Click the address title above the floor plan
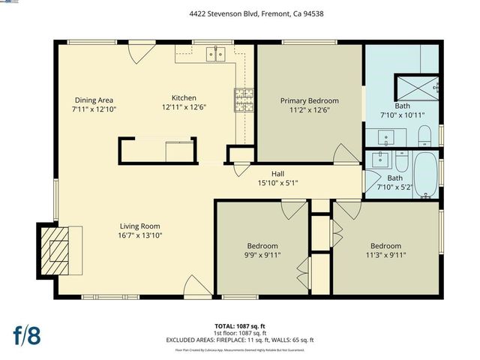[x=240, y=13]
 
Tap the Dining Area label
[x=94, y=100]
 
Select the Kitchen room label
[x=184, y=97]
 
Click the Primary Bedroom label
[x=309, y=100]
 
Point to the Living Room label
[x=140, y=226]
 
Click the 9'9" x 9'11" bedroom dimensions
[x=262, y=255]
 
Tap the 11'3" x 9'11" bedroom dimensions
[x=385, y=255]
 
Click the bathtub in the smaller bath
[x=426, y=176]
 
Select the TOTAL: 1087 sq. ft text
[x=240, y=325]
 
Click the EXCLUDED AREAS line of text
[x=240, y=340]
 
